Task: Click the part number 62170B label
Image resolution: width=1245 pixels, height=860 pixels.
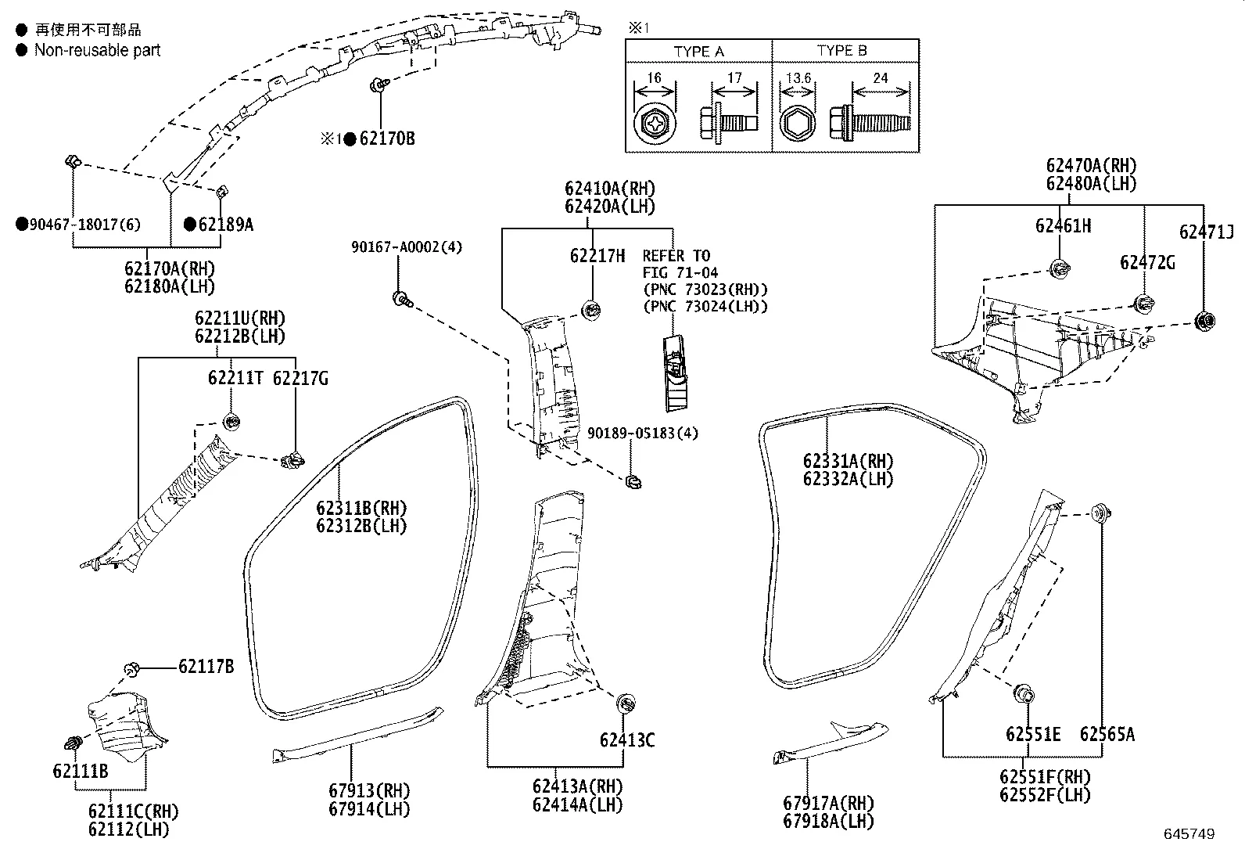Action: click(386, 139)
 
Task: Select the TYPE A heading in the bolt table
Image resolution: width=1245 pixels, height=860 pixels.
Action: click(698, 52)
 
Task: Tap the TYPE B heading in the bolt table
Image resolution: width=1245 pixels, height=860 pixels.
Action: click(841, 51)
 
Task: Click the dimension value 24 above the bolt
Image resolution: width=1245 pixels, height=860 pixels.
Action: click(880, 77)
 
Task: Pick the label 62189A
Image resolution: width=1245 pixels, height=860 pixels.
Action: click(225, 225)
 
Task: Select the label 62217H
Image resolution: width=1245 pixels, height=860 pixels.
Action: click(597, 256)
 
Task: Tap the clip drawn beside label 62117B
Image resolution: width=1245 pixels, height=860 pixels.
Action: click(131, 669)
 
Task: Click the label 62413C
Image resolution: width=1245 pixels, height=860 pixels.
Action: click(627, 739)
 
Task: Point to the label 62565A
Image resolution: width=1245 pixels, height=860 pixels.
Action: click(1107, 734)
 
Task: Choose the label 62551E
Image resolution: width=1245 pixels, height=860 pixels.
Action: click(1033, 734)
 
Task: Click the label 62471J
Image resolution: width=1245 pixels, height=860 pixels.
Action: click(1206, 232)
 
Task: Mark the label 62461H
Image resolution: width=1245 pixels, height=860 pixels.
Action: click(1063, 226)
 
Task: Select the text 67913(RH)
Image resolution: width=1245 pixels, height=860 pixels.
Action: click(369, 790)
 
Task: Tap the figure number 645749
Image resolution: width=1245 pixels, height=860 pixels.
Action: click(1189, 834)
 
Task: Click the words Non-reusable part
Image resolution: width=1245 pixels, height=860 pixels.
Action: click(97, 51)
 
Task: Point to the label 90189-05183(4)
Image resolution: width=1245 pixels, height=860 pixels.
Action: click(643, 433)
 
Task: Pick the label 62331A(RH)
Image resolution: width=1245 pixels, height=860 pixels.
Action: click(848, 461)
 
